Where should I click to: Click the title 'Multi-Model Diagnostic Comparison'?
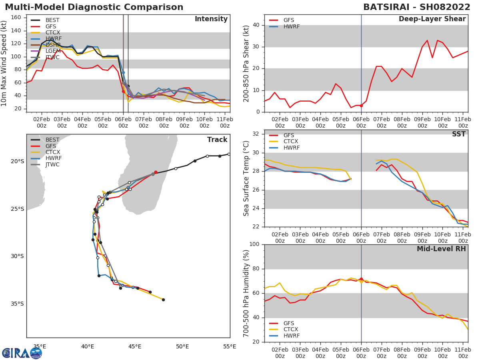tap(94, 7)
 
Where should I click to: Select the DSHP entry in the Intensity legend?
tap(52, 45)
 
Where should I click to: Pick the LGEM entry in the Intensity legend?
tap(52, 51)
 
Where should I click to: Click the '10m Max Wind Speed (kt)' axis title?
tap(4, 64)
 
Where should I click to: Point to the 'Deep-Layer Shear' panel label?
tap(432, 19)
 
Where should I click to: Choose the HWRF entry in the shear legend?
tap(291, 26)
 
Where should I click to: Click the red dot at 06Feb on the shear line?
tap(361, 106)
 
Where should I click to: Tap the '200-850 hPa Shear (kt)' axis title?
tap(246, 63)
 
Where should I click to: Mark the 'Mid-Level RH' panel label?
tap(441, 249)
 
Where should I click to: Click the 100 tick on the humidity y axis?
tap(254, 244)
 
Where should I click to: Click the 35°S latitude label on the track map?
tap(18, 304)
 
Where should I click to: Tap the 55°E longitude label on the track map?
tap(230, 346)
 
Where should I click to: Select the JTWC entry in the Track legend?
tap(52, 164)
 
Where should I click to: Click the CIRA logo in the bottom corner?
tap(22, 353)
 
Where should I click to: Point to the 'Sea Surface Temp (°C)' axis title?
tap(246, 178)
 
